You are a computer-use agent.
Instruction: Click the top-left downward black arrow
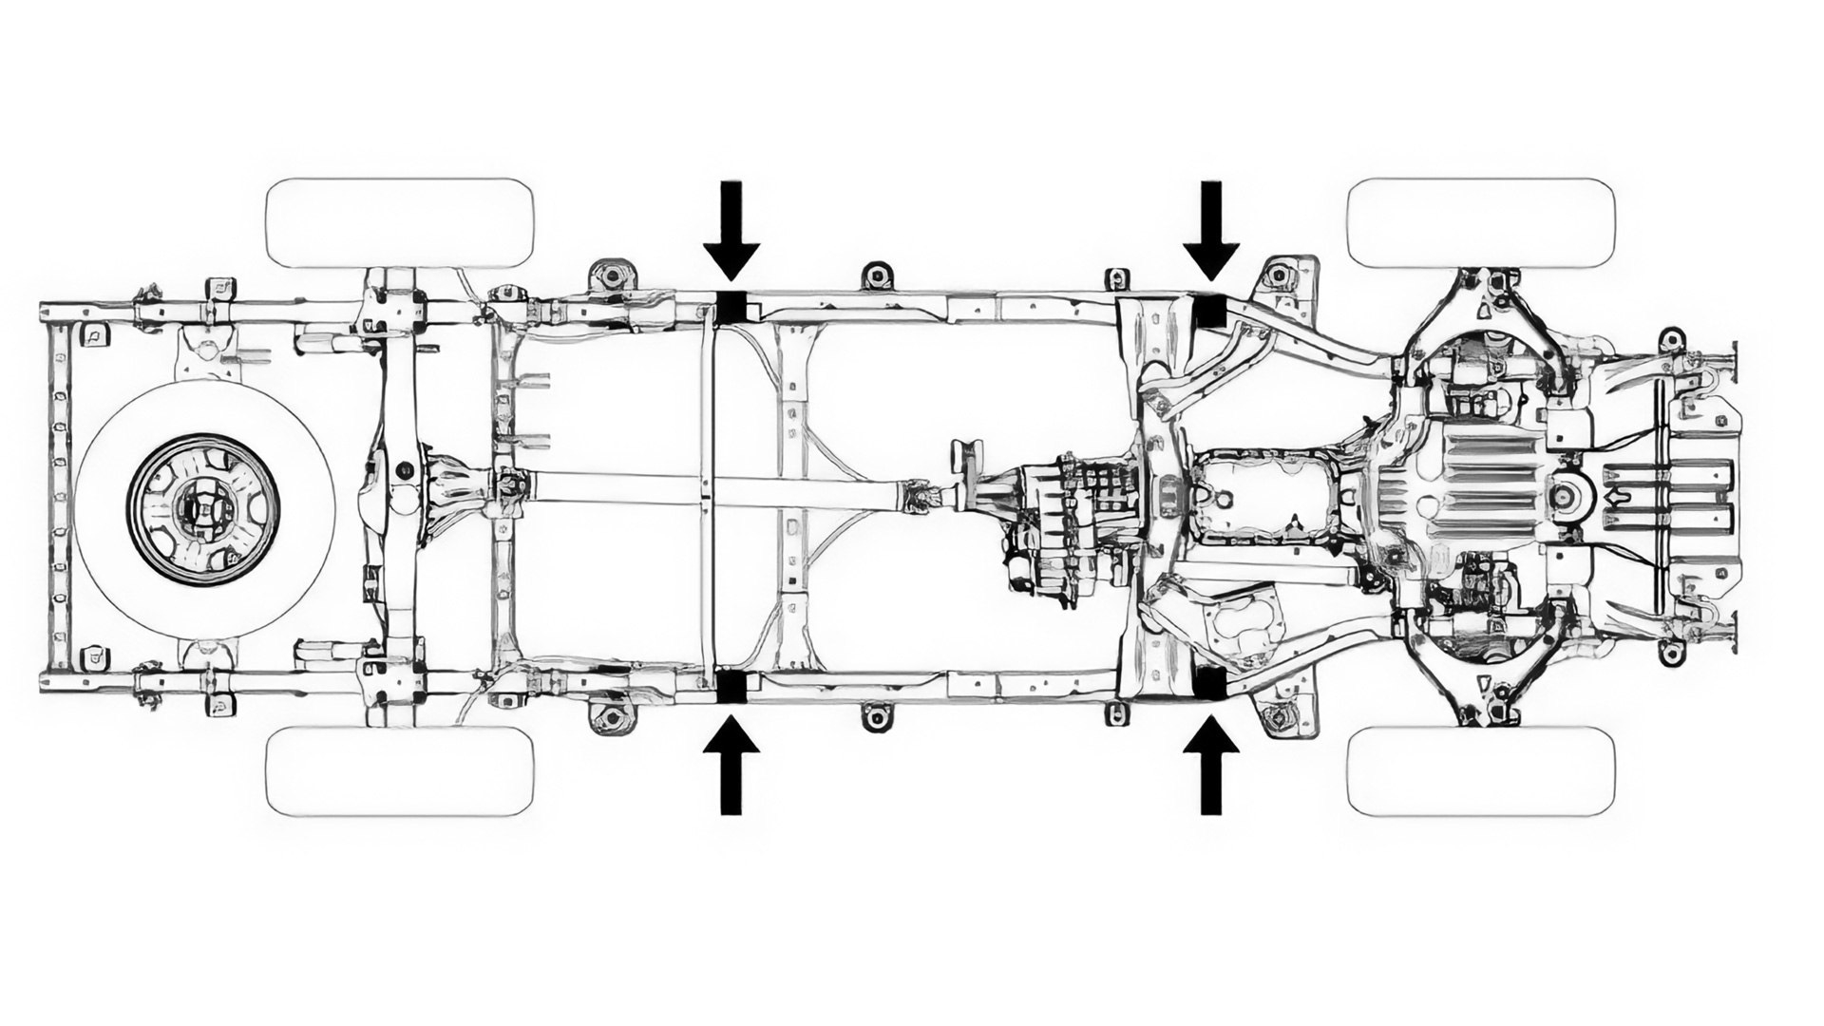coord(731,233)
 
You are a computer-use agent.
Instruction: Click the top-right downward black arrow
coord(1210,233)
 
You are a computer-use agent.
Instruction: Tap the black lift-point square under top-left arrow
coord(731,307)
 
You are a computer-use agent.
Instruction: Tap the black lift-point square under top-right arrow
coord(1208,312)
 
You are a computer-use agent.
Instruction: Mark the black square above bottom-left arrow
coord(731,686)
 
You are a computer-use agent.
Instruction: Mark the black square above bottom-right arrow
coord(1208,683)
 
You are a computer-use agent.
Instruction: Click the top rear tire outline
coord(400,222)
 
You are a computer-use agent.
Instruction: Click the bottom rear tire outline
coord(400,771)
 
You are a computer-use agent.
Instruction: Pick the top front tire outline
coord(1481,222)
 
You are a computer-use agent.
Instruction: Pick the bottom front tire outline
coord(1481,771)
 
